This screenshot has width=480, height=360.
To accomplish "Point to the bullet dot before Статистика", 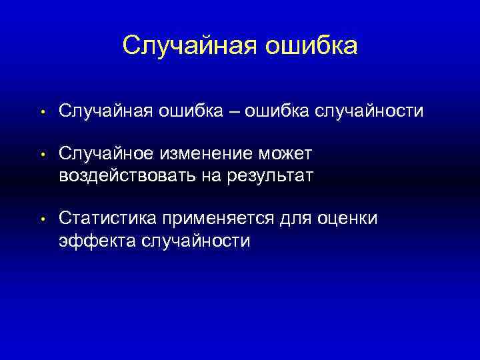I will pos(42,219).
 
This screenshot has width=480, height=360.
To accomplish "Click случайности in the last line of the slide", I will pos(195,240).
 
